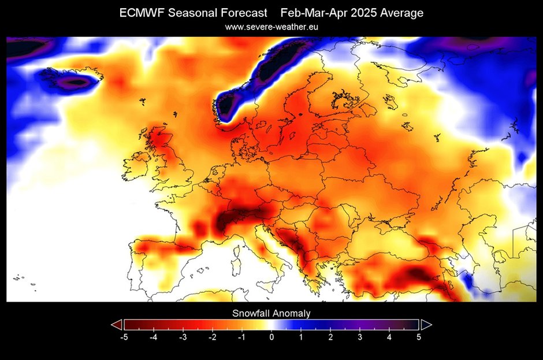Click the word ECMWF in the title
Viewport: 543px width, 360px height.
pos(140,13)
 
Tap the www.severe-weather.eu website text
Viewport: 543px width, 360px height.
pos(271,27)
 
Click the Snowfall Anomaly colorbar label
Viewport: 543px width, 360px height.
pos(271,313)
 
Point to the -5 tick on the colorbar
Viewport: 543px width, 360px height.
pos(124,336)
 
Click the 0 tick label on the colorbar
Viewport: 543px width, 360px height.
pos(271,336)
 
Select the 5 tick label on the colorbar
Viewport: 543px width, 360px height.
pos(419,336)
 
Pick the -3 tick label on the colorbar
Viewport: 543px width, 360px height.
pos(183,336)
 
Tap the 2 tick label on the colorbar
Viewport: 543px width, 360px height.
pos(330,336)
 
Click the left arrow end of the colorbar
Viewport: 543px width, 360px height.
pos(116,324)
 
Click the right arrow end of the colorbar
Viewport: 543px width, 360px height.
pos(426,324)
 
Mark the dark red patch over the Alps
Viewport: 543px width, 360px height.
pos(237,218)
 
